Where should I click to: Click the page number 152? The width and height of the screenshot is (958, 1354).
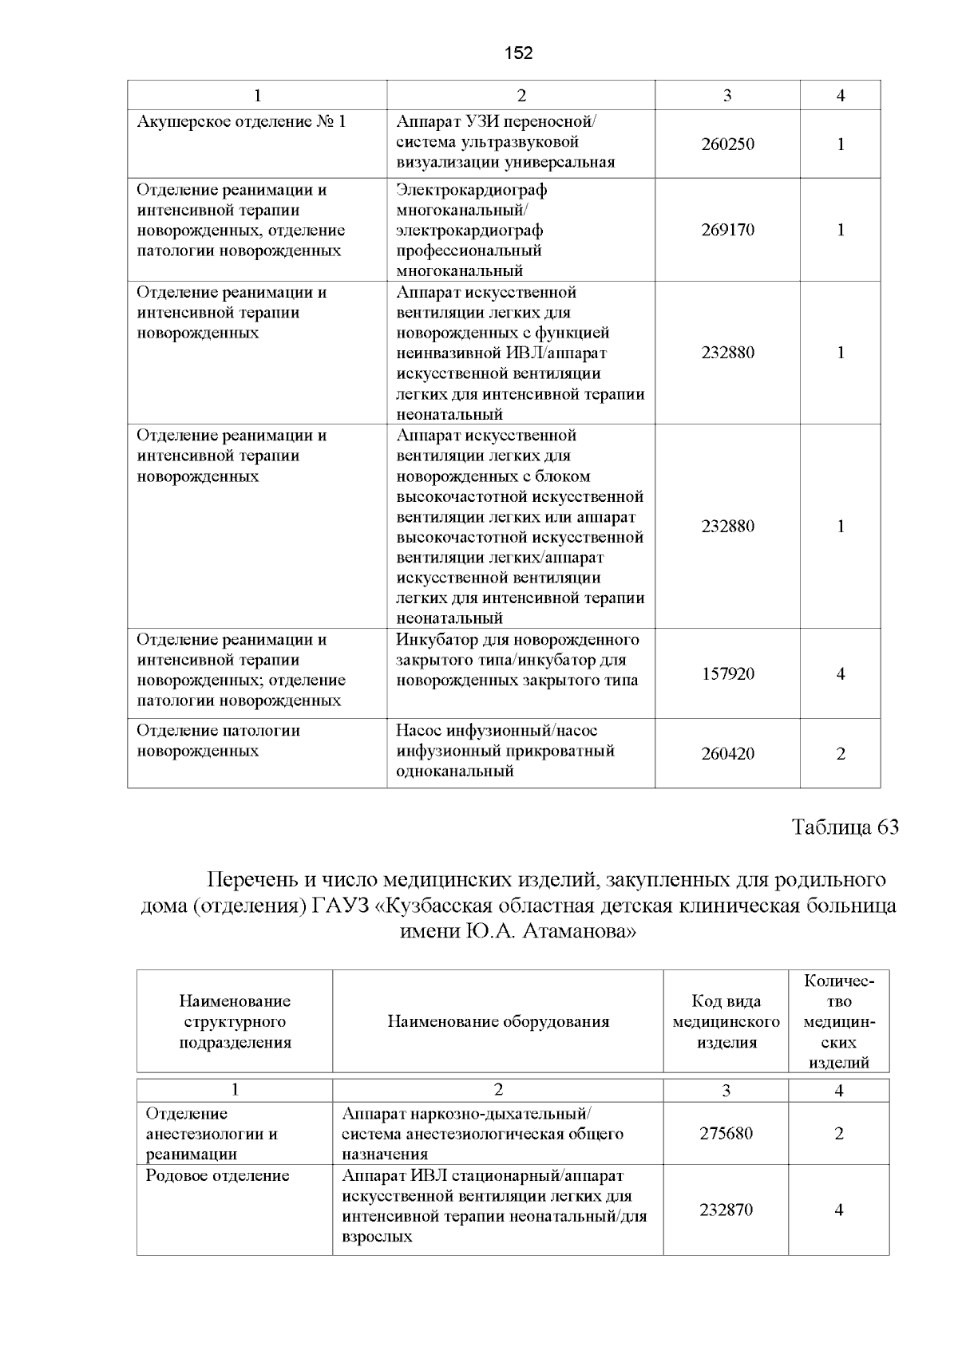coord(519,53)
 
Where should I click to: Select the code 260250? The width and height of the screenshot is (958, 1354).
coord(727,144)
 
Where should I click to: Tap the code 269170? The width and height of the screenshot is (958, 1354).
coord(727,230)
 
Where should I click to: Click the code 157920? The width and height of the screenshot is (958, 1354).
coord(727,674)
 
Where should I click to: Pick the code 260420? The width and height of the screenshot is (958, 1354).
coord(727,754)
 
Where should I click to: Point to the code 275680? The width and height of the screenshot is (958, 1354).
coord(726,1134)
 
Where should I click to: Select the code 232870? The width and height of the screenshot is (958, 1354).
coord(726,1210)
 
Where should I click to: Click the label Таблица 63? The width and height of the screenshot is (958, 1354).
coord(845,827)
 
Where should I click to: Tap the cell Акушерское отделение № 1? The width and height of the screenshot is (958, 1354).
coord(241,122)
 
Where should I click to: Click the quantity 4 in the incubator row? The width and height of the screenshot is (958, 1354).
coord(841,674)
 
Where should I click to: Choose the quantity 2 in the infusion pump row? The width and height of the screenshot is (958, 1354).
coord(841,754)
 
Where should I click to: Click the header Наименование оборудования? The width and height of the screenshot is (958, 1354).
coord(498,1022)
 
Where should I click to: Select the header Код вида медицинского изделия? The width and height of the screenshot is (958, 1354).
coord(726,1022)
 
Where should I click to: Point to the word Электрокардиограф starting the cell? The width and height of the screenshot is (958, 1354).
coord(472,190)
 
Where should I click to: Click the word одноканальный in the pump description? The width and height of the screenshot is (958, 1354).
coord(454,772)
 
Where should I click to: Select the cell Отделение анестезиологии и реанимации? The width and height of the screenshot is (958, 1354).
coord(212,1134)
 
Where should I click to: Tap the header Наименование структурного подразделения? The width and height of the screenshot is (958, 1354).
coord(235,1022)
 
